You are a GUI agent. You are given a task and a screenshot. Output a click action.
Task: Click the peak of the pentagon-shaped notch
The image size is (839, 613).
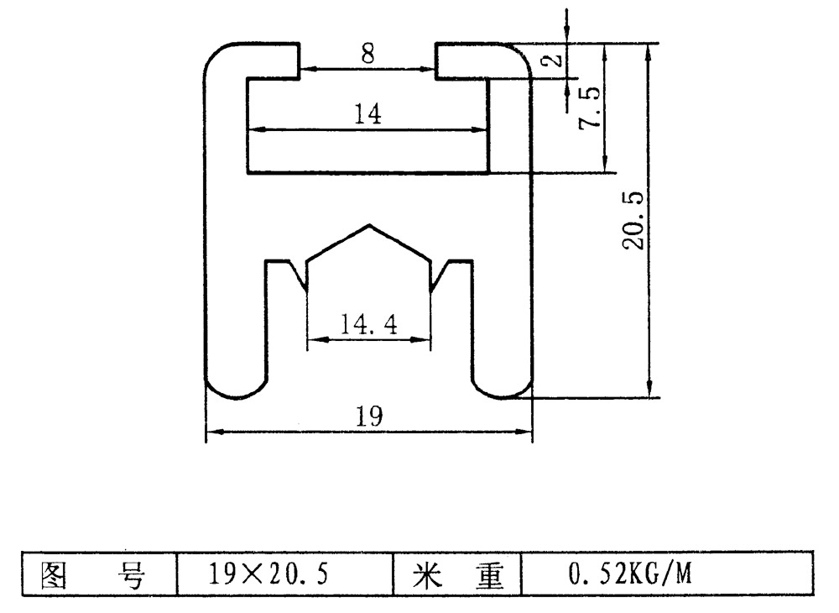coord(369,225)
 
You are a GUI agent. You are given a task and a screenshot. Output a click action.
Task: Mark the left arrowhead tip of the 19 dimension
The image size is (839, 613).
coord(206,431)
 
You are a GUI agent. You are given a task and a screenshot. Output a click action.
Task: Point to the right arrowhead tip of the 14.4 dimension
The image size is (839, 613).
coord(430,339)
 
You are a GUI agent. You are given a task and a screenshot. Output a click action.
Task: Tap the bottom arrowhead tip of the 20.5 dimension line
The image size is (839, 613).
coord(649,397)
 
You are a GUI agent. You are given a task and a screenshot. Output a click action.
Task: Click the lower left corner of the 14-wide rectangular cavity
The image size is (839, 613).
coord(248,172)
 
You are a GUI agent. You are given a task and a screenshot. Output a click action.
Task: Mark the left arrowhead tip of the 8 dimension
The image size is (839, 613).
coord(300,69)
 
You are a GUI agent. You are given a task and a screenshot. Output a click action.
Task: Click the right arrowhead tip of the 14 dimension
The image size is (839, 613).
coord(488,129)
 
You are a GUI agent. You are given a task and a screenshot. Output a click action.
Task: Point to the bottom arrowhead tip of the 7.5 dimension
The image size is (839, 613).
coord(605,172)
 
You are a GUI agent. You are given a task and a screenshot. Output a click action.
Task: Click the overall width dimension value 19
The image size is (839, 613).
coord(369,416)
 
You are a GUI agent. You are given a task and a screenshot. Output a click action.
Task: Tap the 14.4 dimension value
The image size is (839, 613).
coord(369,324)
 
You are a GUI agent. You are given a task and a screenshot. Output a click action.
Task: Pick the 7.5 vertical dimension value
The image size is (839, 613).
coord(590,107)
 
